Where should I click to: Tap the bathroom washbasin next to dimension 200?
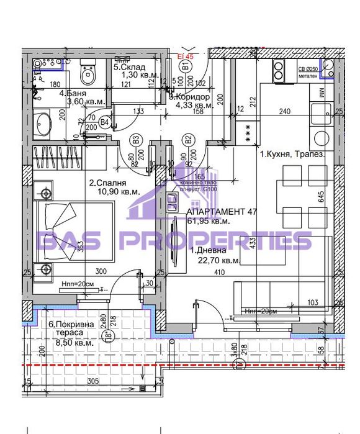(x=44, y=122)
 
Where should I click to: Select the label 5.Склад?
(x=130, y=68)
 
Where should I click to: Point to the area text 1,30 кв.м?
(x=133, y=75)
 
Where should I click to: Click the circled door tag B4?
(x=105, y=122)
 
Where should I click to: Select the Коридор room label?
(x=194, y=97)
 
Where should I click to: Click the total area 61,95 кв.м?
(x=209, y=221)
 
